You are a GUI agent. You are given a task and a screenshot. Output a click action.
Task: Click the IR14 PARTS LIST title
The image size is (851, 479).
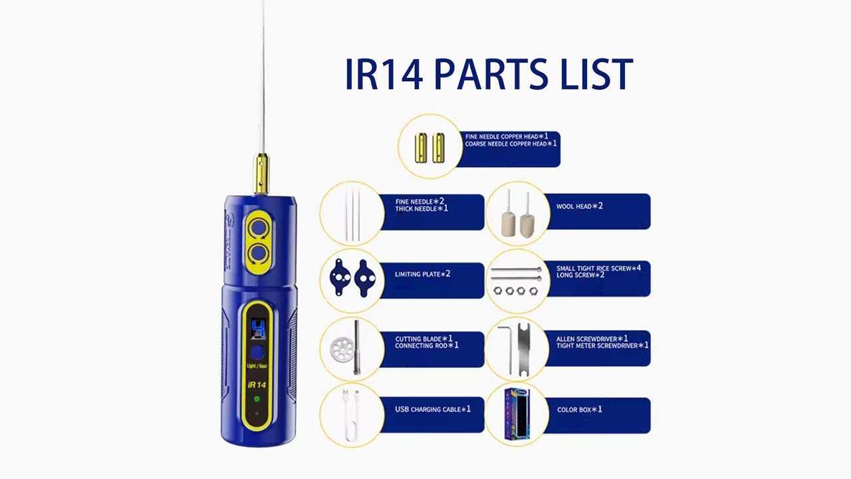tap(489, 75)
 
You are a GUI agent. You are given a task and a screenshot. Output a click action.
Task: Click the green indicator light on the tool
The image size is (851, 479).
tap(257, 399)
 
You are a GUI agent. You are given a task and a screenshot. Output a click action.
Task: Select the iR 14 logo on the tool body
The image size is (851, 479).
tap(257, 385)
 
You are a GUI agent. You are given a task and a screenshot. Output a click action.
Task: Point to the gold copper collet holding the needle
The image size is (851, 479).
tap(261, 174)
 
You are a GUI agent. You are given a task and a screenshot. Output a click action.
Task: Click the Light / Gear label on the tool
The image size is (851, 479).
tap(257, 367)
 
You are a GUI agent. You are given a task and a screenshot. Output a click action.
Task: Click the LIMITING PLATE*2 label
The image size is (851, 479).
tap(422, 274)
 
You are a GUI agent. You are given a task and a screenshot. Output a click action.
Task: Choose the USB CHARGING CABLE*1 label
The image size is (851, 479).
tap(433, 409)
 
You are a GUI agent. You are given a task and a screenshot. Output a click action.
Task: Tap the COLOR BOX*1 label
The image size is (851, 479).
tap(579, 410)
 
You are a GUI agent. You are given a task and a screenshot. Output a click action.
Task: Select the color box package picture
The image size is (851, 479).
tap(517, 414)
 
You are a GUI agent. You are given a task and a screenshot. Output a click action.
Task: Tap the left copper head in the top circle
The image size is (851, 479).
tap(421, 148)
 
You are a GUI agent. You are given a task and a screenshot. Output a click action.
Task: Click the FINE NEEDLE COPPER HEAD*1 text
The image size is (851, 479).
tap(506, 136)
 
